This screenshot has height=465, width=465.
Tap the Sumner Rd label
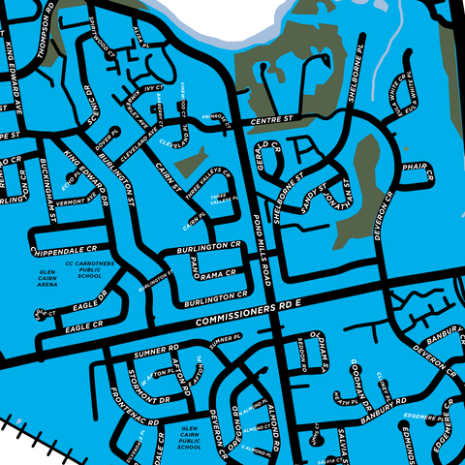click(158, 344)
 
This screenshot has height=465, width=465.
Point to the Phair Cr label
click(414, 167)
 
